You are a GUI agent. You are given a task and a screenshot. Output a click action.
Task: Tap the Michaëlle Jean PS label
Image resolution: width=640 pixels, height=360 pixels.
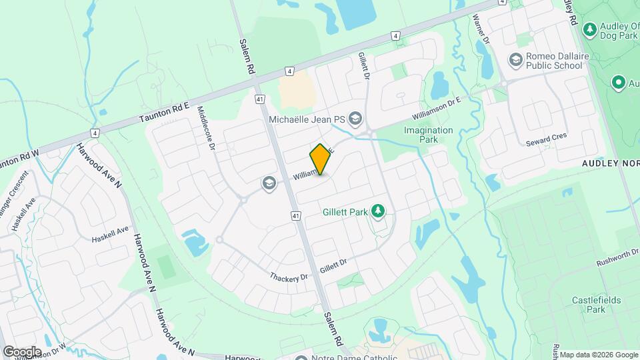tap(306, 119)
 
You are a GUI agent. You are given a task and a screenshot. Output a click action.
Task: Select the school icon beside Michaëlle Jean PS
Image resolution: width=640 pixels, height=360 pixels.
tap(355, 119)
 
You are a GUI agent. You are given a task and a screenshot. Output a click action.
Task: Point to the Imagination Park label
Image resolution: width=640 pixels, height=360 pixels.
tap(429, 135)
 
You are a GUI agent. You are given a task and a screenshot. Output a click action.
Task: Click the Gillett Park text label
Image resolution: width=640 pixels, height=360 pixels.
tap(345, 212)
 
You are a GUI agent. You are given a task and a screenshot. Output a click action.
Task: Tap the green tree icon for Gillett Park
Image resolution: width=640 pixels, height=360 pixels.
tap(379, 211)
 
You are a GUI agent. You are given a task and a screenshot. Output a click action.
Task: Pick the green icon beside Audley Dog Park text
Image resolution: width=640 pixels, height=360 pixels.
tap(589, 29)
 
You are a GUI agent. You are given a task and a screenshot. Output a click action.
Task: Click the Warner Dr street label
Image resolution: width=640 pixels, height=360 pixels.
tap(481, 30)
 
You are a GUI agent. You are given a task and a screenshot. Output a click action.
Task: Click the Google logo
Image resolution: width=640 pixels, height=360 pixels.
tap(22, 351)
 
